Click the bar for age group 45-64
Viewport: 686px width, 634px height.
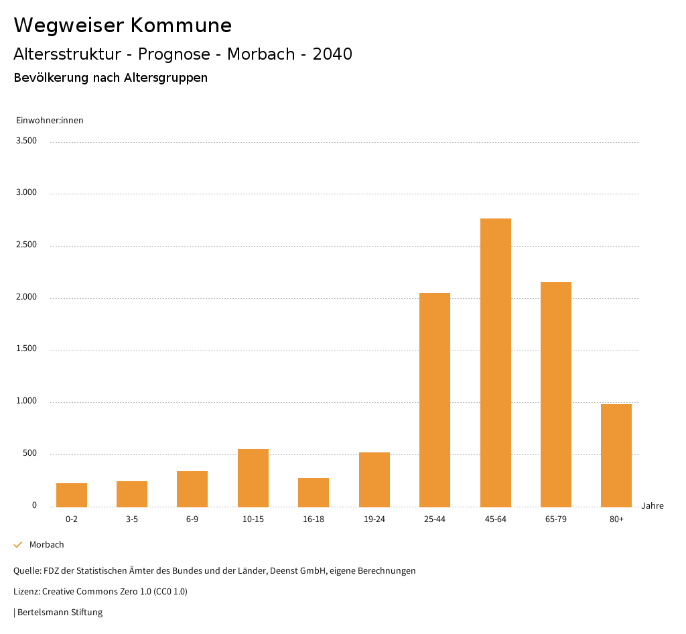(495, 363)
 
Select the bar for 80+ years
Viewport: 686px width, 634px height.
(616, 455)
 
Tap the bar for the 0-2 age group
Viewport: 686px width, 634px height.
(72, 495)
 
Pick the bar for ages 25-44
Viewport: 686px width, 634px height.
(435, 399)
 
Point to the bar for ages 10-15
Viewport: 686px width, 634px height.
(253, 477)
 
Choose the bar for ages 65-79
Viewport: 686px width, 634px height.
(556, 394)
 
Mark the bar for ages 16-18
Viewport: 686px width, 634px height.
(314, 492)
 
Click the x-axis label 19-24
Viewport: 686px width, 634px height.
(374, 519)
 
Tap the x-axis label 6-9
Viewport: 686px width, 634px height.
(192, 519)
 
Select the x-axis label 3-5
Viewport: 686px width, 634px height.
(132, 519)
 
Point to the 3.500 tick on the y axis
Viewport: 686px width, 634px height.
(26, 141)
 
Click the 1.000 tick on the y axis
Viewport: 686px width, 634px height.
(26, 401)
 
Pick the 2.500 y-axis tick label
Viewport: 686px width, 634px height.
(26, 245)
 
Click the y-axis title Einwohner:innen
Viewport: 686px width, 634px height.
(50, 121)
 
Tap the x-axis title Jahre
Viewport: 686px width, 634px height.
(653, 506)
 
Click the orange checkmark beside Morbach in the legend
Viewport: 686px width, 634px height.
(18, 545)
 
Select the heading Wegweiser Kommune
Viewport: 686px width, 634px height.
(123, 25)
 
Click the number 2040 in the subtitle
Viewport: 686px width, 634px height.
(332, 54)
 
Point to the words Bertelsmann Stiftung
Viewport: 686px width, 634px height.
(60, 613)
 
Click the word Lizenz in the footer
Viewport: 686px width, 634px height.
(26, 592)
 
